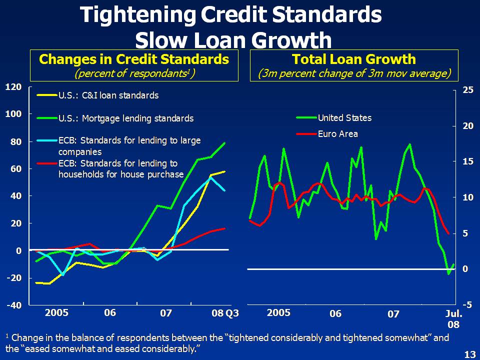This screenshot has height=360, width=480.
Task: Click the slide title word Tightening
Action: (x=137, y=15)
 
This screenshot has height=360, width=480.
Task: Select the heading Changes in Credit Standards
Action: (x=134, y=59)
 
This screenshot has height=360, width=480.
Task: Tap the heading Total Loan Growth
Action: (x=354, y=59)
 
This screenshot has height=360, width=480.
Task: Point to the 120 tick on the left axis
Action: (x=13, y=87)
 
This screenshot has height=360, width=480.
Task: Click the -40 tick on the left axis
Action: (x=13, y=305)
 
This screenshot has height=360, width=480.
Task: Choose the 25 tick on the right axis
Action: (x=467, y=90)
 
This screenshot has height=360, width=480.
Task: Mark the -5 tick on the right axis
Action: (x=467, y=304)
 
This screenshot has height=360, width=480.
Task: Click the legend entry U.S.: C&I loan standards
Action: (x=108, y=95)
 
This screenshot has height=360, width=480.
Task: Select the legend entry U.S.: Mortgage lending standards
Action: (x=125, y=118)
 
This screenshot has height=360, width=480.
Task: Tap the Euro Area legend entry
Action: (x=337, y=134)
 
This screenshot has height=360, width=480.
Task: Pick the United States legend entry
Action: (x=344, y=118)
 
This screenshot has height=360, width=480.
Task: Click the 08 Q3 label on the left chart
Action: (x=225, y=313)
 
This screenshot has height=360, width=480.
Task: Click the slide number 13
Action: (x=469, y=354)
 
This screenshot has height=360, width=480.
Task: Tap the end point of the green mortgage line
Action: (x=225, y=143)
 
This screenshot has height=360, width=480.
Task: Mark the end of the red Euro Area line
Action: (x=448, y=233)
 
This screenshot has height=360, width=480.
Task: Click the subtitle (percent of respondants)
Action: (x=134, y=73)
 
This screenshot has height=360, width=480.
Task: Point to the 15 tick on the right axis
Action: (x=467, y=161)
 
